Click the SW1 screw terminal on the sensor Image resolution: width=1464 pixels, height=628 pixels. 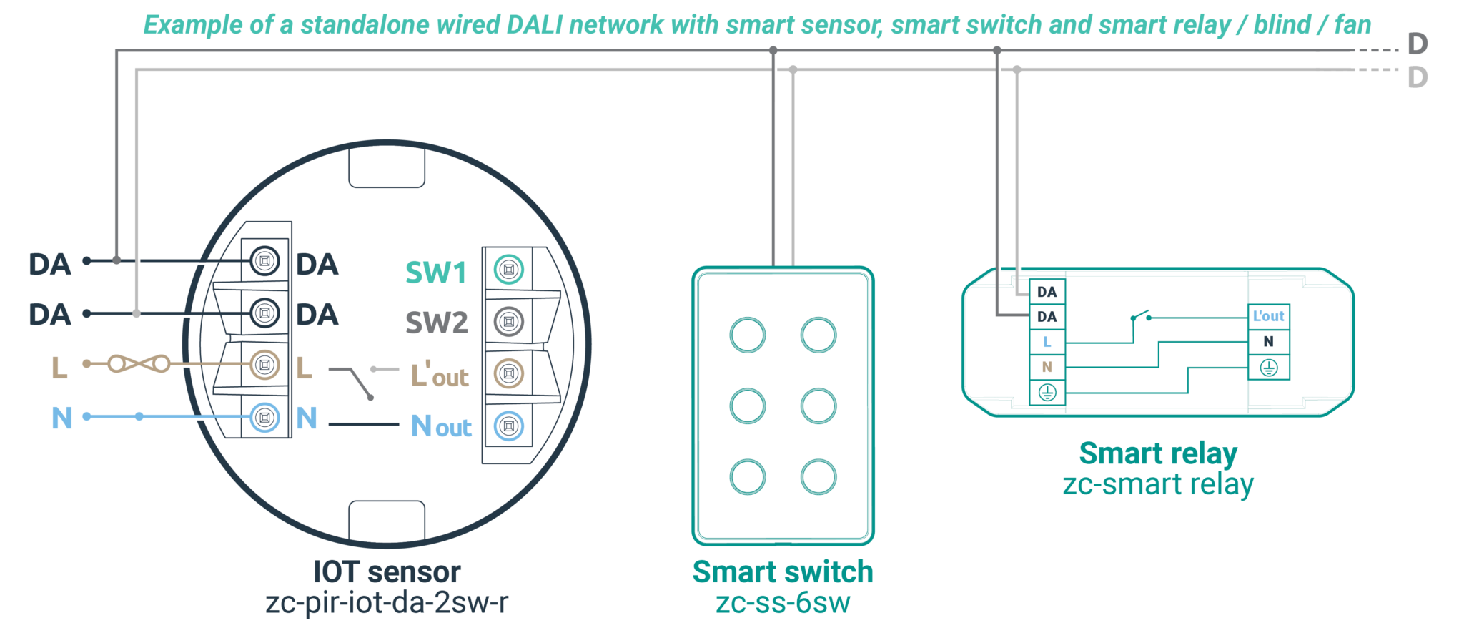point(509,270)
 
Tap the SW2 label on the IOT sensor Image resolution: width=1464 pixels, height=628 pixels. point(436,323)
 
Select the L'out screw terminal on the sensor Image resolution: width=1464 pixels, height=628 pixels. point(509,373)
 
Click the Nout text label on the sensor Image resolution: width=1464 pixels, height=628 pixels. point(441,427)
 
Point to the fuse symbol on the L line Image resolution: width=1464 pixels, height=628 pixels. point(139,364)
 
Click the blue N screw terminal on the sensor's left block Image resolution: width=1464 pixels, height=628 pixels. point(264,417)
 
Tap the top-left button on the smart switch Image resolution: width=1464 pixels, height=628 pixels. point(748,335)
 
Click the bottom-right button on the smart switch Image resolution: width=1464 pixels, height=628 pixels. point(818,477)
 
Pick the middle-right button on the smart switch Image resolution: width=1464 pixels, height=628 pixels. point(818,406)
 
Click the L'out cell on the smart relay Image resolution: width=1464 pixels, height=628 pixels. point(1268,316)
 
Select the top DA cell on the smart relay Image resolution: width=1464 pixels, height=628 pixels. point(1047,292)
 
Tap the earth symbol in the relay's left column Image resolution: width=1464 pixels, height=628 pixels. point(1047,393)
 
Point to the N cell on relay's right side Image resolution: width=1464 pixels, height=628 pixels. point(1268,342)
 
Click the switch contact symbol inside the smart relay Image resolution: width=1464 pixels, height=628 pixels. point(1141,317)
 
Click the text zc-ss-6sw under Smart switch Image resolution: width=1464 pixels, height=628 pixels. point(783,603)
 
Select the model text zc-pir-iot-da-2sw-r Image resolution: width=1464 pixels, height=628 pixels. point(387,603)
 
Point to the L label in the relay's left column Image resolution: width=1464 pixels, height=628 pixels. point(1047,342)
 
